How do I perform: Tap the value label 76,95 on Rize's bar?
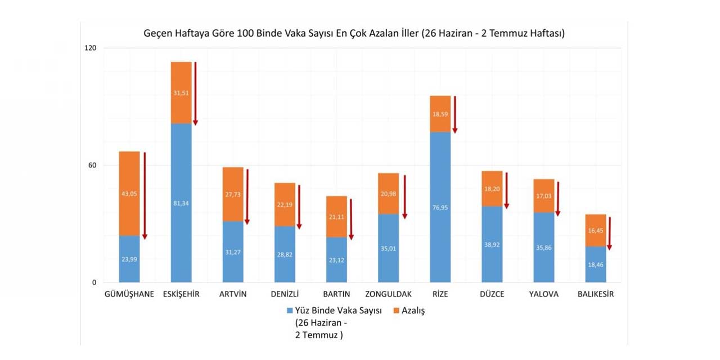click(x=440, y=208)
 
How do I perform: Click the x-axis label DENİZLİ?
click(x=285, y=294)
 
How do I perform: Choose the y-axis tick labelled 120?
click(x=91, y=48)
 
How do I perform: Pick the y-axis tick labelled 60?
click(x=92, y=165)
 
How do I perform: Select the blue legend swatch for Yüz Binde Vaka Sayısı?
click(x=290, y=310)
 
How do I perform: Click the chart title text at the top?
click(x=354, y=34)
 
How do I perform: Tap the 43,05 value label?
click(x=129, y=194)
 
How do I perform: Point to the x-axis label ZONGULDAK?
click(x=388, y=294)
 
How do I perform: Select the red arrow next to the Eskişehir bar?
click(x=195, y=93)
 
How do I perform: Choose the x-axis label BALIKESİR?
click(x=595, y=294)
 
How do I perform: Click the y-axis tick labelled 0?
click(x=94, y=282)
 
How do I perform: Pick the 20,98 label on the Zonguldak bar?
click(x=388, y=194)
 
